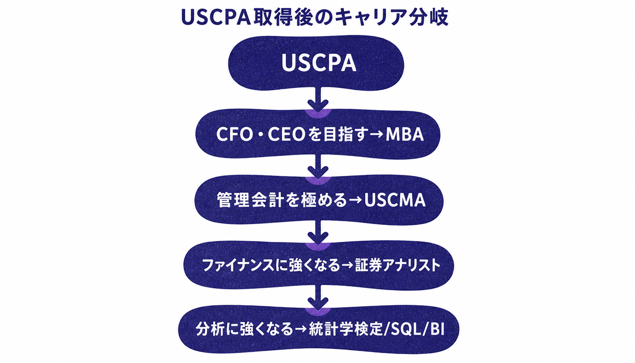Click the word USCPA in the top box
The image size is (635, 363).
pos(319,63)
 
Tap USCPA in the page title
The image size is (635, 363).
pos(216,17)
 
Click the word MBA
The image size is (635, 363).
pos(404,134)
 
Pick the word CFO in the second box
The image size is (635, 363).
pos(234,134)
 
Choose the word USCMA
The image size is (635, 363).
pos(395,200)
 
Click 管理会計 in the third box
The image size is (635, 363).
pos(250,200)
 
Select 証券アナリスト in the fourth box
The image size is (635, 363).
pos(398,266)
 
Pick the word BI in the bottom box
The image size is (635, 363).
pos(437,329)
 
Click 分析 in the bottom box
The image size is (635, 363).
pos(209,329)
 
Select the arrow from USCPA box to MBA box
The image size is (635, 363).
pos(318,99)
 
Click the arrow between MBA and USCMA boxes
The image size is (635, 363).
pos(318,166)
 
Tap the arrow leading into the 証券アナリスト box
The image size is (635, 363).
pos(318,232)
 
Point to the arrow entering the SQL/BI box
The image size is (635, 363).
pos(318,297)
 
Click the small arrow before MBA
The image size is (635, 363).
pos(376,134)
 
